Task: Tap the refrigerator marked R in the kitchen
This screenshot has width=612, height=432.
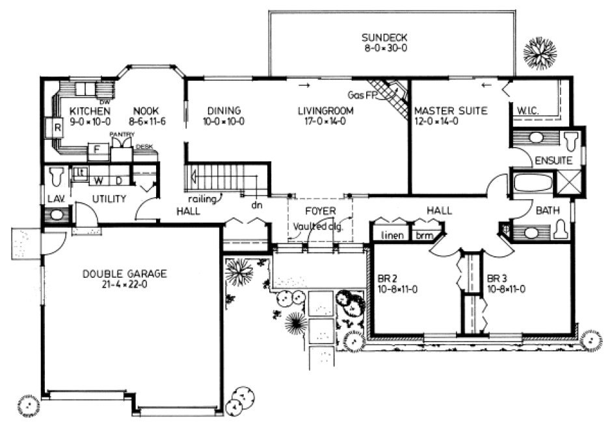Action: (57, 128)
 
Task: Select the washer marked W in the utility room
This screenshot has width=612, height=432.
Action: (100, 178)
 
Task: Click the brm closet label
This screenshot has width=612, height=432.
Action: (425, 235)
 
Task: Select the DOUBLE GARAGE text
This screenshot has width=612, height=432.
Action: (124, 274)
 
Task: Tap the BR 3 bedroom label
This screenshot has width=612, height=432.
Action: (498, 278)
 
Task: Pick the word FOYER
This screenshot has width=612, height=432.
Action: (321, 211)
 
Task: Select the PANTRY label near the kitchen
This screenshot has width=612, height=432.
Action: (122, 134)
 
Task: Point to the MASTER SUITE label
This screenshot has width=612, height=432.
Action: (450, 111)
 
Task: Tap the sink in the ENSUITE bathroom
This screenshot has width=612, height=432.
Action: (535, 138)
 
